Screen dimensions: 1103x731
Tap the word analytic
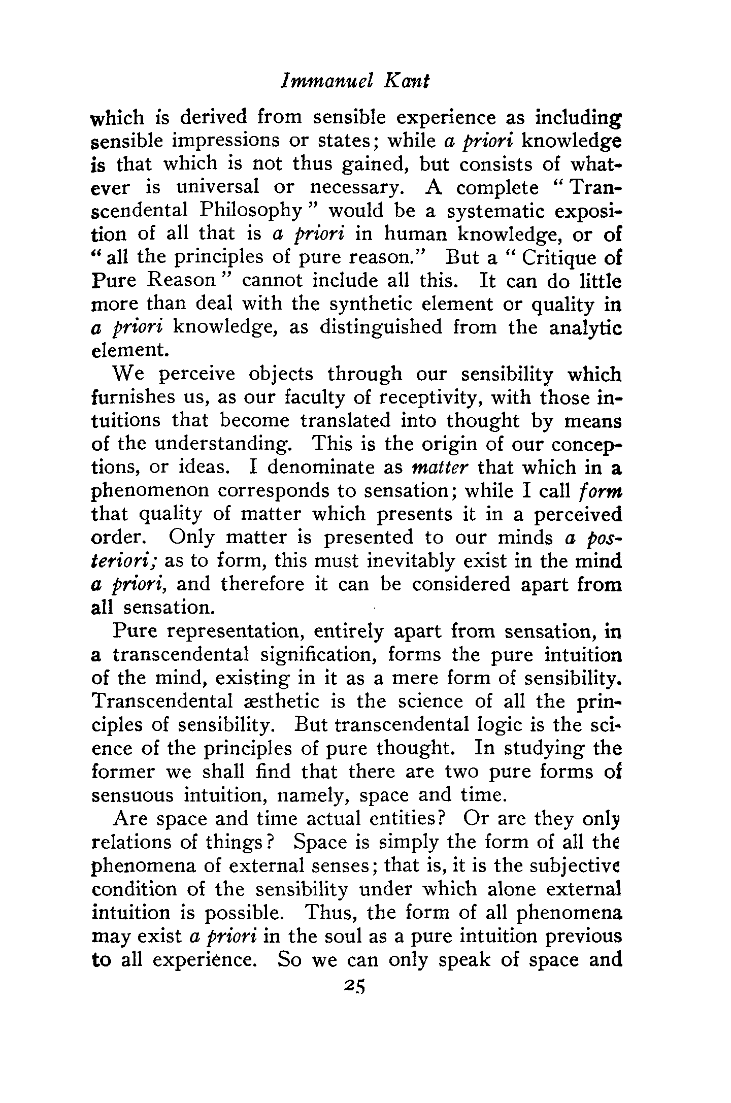586,328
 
